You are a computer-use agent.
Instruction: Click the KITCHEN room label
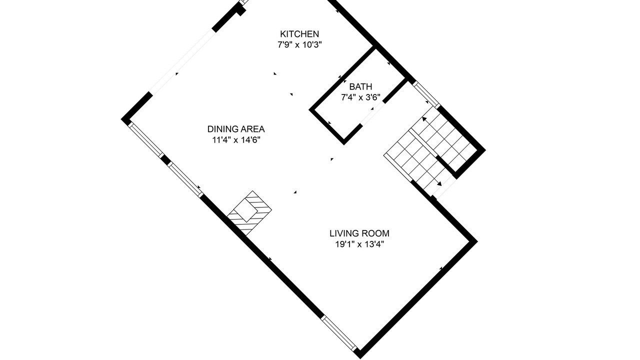(x=299, y=34)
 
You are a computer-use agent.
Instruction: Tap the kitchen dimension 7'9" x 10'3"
(x=299, y=45)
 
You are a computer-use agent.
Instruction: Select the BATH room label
(x=360, y=86)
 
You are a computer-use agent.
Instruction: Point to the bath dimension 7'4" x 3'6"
(x=360, y=97)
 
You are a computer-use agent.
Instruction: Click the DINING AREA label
(x=236, y=129)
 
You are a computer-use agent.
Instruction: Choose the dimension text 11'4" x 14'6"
(x=236, y=140)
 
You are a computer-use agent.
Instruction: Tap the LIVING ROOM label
(x=359, y=233)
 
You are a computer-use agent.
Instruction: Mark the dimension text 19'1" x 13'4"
(x=359, y=244)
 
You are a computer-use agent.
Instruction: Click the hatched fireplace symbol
(x=249, y=213)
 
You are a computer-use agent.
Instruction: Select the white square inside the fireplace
(x=246, y=210)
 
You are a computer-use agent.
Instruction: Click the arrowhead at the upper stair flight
(x=424, y=119)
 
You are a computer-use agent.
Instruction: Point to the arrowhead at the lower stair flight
(x=439, y=183)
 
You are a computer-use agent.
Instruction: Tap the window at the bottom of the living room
(x=339, y=333)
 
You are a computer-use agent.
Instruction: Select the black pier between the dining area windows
(x=165, y=159)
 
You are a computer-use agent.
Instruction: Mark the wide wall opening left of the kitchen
(x=181, y=61)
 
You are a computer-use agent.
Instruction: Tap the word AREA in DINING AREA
(x=252, y=129)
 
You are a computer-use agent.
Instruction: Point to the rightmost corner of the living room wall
(x=477, y=241)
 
